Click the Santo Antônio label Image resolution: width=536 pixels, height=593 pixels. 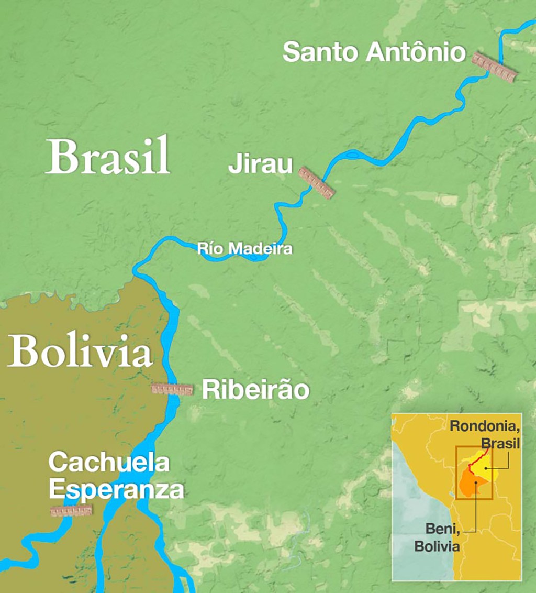[374, 53]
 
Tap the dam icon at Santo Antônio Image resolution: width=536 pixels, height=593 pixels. [495, 68]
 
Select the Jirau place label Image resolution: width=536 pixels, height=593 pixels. [260, 164]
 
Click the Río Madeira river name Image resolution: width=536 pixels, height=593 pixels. [244, 248]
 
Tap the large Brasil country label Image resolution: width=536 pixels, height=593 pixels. [108, 157]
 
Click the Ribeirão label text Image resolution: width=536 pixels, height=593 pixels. [255, 391]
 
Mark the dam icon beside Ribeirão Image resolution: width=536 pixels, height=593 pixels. [172, 389]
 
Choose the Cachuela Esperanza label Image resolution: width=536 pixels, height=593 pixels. [116, 477]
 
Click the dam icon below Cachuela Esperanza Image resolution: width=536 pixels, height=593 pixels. [71, 510]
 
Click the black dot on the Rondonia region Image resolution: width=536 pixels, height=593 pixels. [486, 468]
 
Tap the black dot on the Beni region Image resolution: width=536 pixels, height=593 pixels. [475, 484]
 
